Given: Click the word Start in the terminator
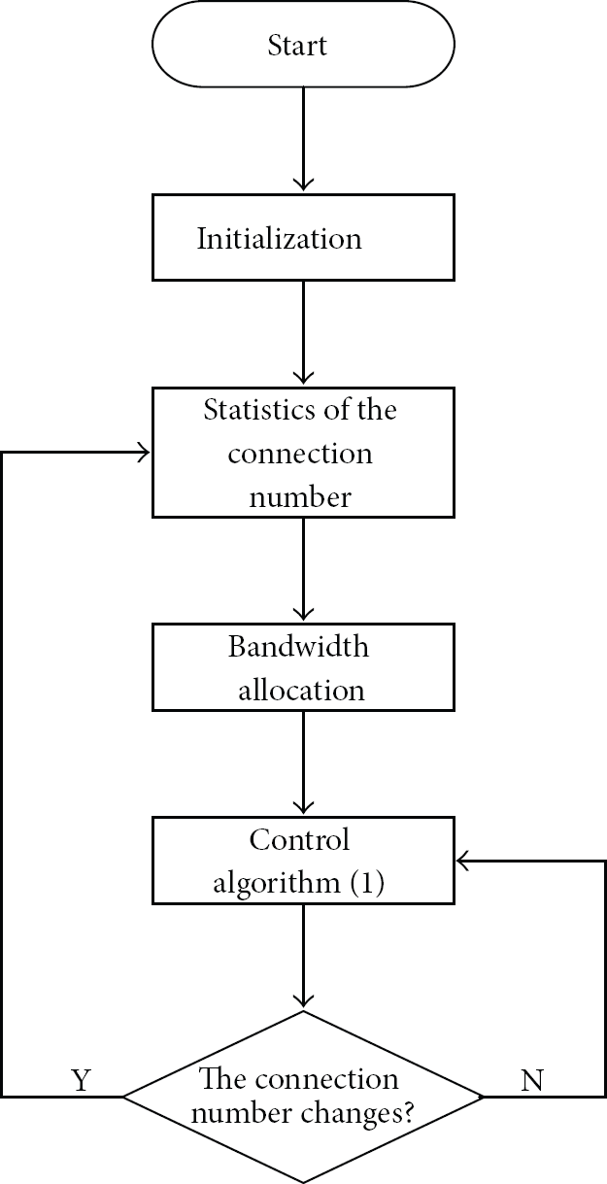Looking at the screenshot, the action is coord(297,45).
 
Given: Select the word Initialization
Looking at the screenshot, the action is coord(279,238).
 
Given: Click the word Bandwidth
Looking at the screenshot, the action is coord(298,646).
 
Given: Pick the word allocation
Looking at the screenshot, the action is coord(301,690).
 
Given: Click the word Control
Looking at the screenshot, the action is coord(299,839).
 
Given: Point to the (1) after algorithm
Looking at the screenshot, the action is coord(367,883).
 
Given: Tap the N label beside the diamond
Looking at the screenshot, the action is coord(532,1080).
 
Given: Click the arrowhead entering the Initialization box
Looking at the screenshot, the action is coord(303,185).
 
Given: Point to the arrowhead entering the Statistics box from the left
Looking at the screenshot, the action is coord(144,453).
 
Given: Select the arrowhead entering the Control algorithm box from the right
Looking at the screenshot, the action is coord(463,861).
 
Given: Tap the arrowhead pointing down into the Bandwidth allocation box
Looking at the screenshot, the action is coord(303,614).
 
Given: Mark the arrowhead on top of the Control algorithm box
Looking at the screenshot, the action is coord(303,807).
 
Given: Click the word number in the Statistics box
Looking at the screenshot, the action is coord(300,497).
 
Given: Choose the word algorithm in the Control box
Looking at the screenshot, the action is coord(277,883).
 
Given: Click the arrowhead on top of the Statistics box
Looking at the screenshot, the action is coord(303,378).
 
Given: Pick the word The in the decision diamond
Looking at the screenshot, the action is coord(219,1078).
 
